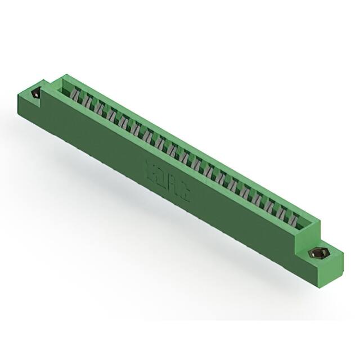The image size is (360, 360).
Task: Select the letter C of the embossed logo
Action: pyautogui.click(x=184, y=193)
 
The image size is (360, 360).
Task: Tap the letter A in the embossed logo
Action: pyautogui.click(x=173, y=185)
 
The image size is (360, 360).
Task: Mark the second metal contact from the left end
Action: pyautogui.click(x=88, y=102)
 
